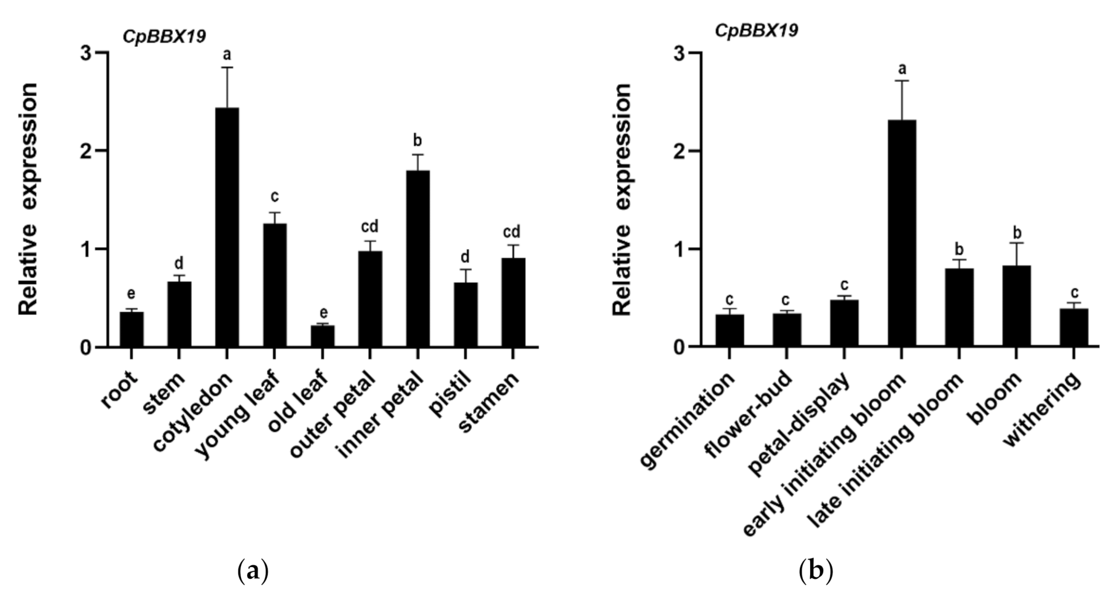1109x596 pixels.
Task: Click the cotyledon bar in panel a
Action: pyautogui.click(x=227, y=227)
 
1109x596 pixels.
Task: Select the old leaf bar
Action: pyautogui.click(x=322, y=336)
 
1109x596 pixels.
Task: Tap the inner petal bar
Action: pyautogui.click(x=417, y=258)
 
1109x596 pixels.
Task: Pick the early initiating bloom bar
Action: pyautogui.click(x=901, y=233)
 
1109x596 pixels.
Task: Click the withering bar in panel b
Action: pyautogui.click(x=1073, y=327)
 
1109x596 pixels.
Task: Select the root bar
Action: pyautogui.click(x=132, y=329)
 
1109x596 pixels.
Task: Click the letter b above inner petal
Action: pyautogui.click(x=417, y=140)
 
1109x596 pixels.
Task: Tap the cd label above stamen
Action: pyautogui.click(x=511, y=232)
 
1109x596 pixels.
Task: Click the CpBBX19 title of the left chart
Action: pyautogui.click(x=164, y=36)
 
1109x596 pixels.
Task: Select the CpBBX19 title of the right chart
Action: pyautogui.click(x=756, y=30)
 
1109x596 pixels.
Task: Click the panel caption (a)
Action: pyautogui.click(x=253, y=571)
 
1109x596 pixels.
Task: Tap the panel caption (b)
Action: pyautogui.click(x=816, y=571)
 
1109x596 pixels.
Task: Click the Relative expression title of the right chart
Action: pyautogui.click(x=623, y=200)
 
